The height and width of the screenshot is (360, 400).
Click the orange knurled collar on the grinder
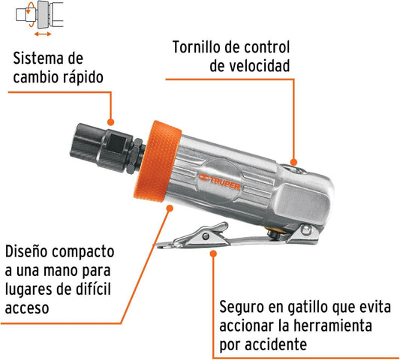pos(158,161)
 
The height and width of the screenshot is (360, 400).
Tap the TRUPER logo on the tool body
pos(219,182)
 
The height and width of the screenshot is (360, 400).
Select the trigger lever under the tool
pos(237,235)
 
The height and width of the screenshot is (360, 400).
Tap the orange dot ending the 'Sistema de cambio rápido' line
pos(110,122)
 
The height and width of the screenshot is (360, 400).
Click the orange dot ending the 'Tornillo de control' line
pos(293,162)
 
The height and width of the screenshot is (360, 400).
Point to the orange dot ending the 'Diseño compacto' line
pos(170,208)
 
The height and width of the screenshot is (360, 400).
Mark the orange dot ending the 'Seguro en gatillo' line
pos(214,253)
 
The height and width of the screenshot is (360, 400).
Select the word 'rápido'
pos(83,77)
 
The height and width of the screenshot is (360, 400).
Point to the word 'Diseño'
pos(26,252)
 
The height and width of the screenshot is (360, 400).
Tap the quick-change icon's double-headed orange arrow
pos(43,34)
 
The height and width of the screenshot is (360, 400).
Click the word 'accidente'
pos(275,344)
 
